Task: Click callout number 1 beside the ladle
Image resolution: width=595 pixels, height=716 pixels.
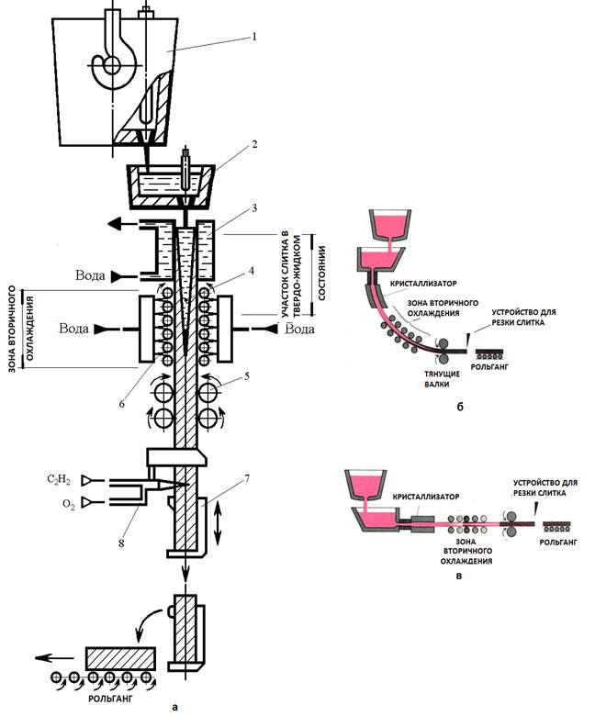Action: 254,36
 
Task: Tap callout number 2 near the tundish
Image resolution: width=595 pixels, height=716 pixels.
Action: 254,144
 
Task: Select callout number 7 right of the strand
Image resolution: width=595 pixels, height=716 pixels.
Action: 247,478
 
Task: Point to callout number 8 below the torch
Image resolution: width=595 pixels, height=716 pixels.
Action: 121,543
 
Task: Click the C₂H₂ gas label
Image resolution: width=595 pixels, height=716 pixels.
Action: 59,480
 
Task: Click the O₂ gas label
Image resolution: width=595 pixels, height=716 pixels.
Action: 68,505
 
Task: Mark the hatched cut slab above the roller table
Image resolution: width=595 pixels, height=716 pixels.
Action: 120,661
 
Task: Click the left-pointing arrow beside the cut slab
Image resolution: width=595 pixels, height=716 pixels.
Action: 54,658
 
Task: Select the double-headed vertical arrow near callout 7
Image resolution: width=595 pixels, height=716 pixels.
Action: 219,521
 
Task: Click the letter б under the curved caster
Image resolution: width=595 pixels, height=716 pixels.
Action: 460,406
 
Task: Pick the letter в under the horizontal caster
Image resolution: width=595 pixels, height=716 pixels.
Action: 459,576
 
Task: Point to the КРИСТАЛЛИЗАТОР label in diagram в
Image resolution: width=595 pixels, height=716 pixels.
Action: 425,497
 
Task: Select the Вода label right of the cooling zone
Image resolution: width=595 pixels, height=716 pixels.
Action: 300,329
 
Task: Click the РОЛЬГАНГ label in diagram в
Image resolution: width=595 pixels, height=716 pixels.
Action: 558,542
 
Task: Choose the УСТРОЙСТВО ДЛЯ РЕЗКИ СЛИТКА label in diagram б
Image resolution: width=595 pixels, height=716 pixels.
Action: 523,317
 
